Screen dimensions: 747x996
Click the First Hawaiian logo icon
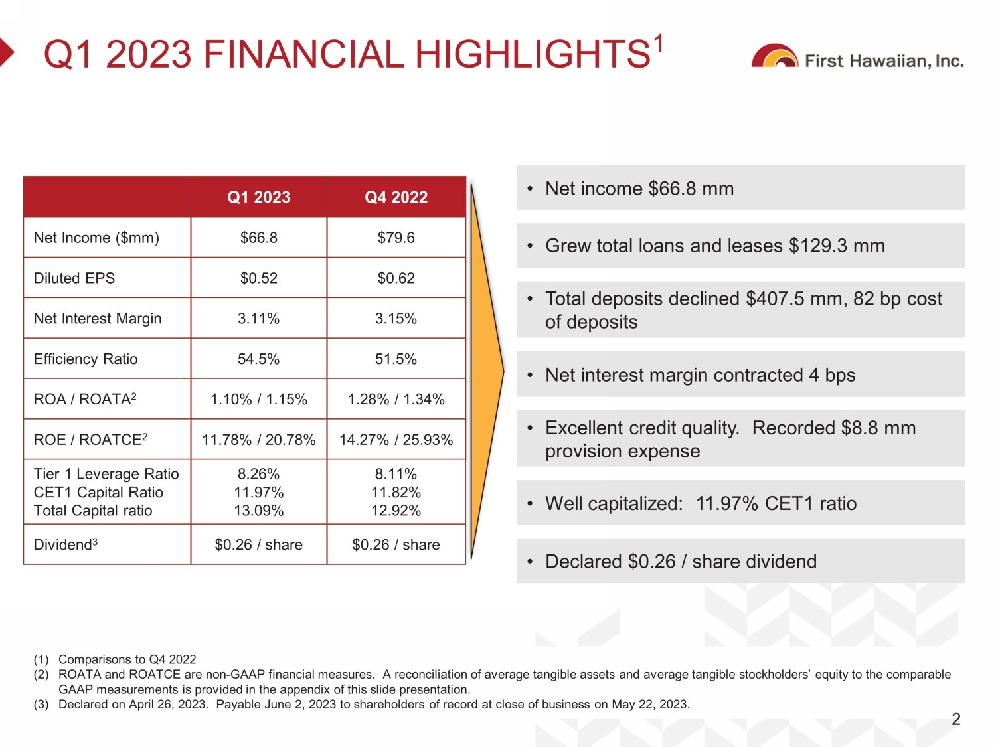(774, 57)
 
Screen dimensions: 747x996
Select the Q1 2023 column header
(259, 197)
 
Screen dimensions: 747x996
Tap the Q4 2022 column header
(396, 197)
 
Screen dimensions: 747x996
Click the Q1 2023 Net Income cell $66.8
(259, 238)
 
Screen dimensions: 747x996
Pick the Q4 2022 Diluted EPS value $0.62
(396, 278)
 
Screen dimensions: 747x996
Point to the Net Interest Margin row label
(98, 319)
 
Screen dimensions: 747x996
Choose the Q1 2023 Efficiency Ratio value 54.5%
(259, 359)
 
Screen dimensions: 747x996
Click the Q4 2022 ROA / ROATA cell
(396, 400)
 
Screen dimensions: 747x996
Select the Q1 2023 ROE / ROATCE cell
(259, 440)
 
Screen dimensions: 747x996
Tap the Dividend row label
(65, 545)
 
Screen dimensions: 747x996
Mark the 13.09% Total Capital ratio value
(259, 511)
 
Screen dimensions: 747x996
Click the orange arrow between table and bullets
(487, 372)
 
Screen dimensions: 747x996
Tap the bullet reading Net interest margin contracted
(701, 376)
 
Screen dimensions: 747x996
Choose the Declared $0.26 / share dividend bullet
(681, 562)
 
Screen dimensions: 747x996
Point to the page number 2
(956, 719)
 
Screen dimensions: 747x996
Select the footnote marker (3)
(41, 705)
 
